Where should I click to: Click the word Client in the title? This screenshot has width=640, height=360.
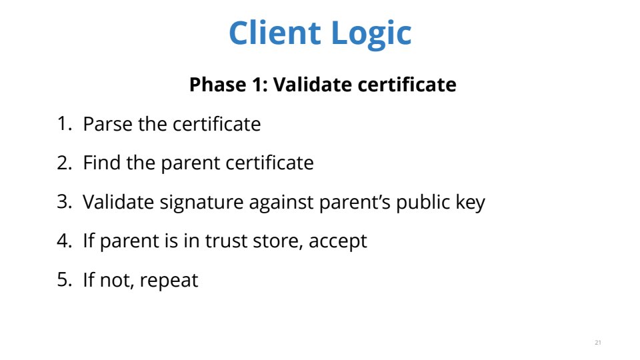click(x=275, y=33)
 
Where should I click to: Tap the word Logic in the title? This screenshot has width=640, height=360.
click(x=371, y=34)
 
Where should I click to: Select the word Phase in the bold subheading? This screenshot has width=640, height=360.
click(x=218, y=85)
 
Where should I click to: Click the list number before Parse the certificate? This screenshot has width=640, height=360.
click(x=64, y=124)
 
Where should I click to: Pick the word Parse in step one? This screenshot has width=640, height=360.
click(x=108, y=124)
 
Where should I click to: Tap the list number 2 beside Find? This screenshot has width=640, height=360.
click(x=65, y=163)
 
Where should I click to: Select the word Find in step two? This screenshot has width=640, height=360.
click(x=102, y=163)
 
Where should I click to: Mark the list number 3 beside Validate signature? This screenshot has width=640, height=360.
click(x=65, y=201)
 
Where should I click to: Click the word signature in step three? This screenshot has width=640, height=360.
click(x=201, y=203)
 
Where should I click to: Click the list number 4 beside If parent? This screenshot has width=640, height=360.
click(x=65, y=241)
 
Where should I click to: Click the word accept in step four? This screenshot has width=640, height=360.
click(x=338, y=242)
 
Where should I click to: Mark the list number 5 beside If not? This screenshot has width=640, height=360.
click(x=65, y=279)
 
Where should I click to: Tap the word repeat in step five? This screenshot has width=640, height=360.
click(x=169, y=281)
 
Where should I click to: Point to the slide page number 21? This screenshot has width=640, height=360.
click(x=598, y=343)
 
